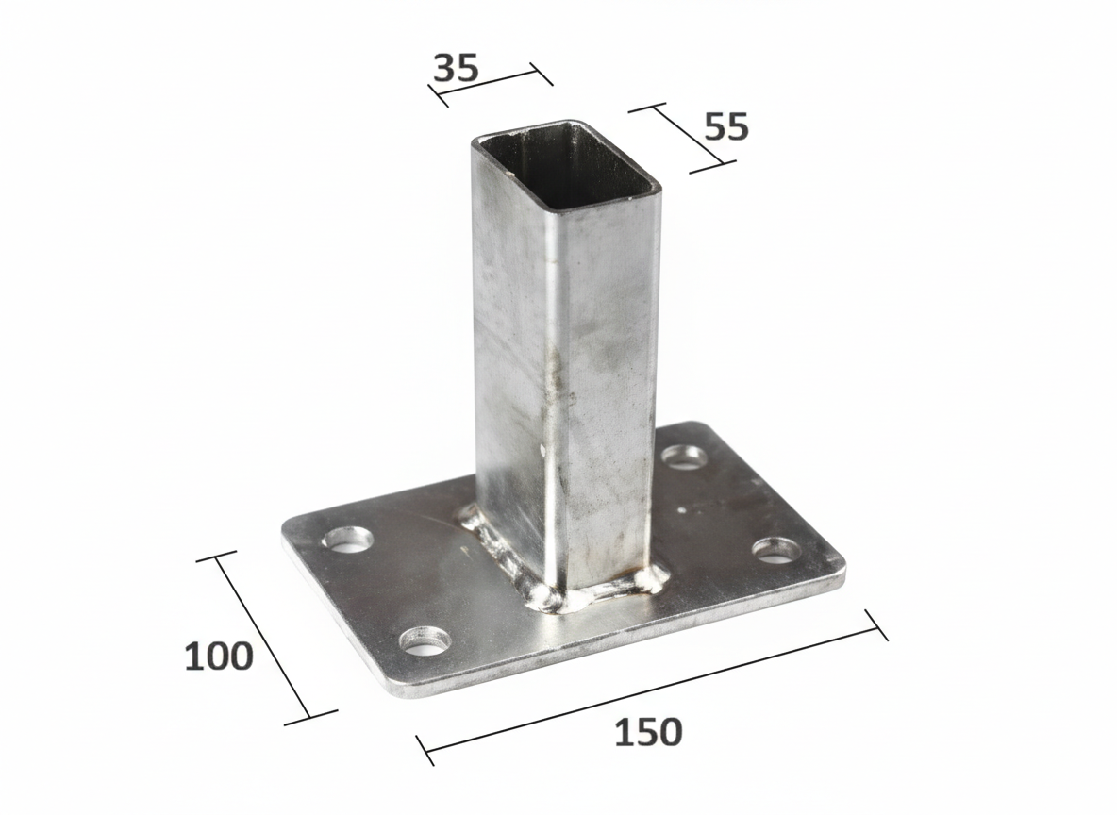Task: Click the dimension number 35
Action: coord(456,68)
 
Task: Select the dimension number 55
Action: coord(725,126)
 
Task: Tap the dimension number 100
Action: coord(219,656)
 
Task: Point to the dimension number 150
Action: coord(647,732)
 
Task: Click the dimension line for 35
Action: coord(491,81)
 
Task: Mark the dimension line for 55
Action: coord(682,138)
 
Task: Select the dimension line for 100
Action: coord(263,637)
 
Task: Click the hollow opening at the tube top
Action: coord(567,165)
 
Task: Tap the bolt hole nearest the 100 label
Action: coord(348,540)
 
